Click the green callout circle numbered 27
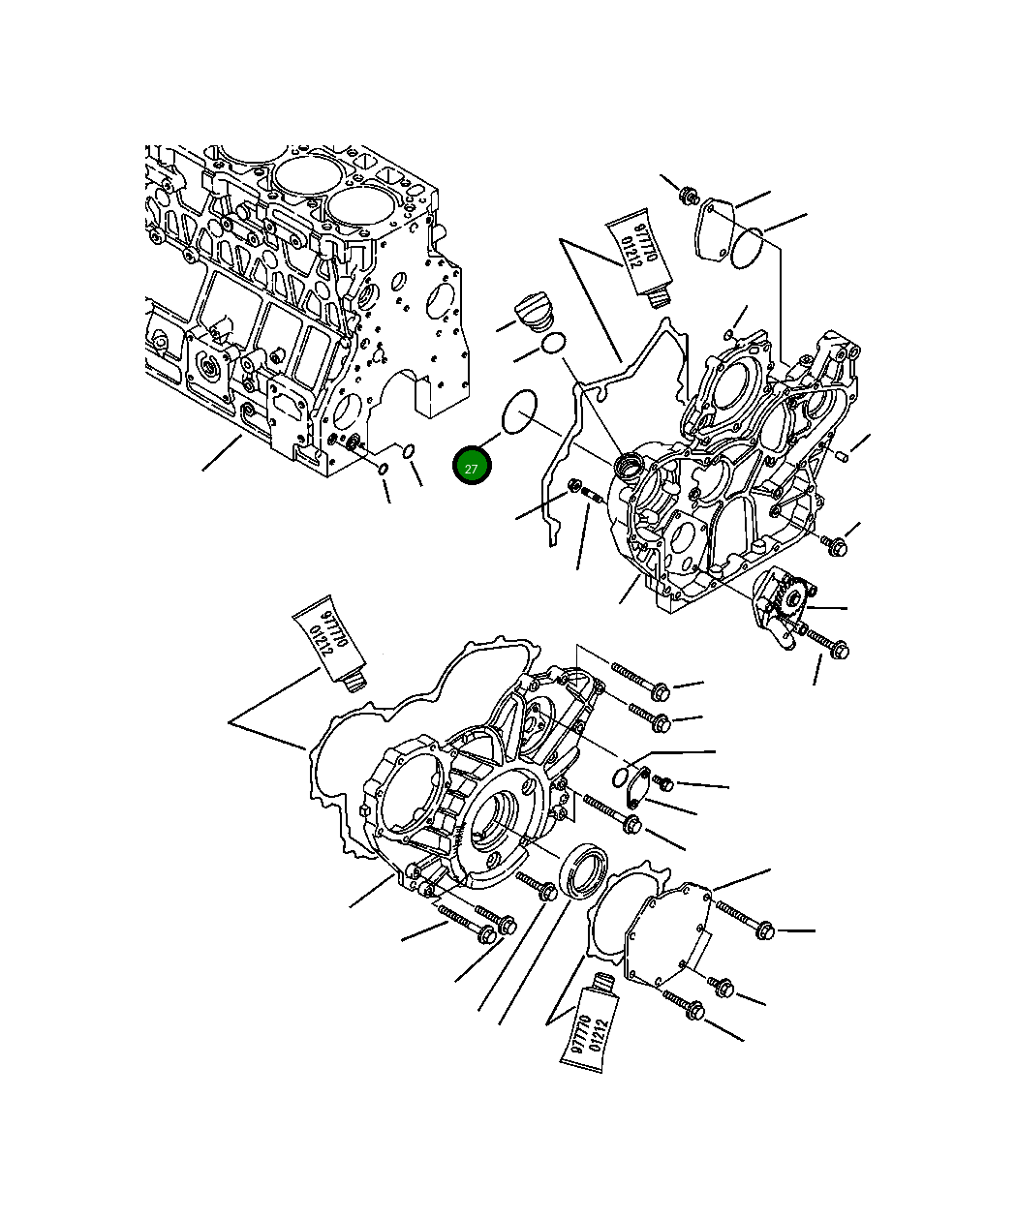(472, 468)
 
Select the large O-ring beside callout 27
(520, 412)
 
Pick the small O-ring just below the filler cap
(553, 343)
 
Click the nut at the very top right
(689, 195)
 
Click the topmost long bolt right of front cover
(639, 680)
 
